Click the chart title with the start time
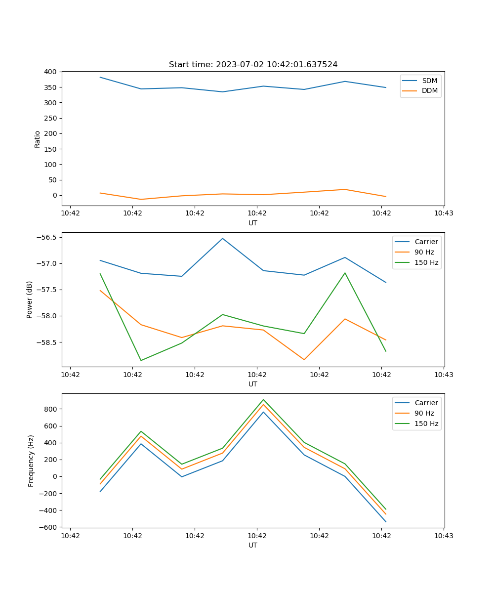click(253, 65)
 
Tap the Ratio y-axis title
click(38, 139)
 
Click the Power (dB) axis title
click(30, 299)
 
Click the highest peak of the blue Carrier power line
click(222, 238)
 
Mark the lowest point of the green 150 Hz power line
click(141, 360)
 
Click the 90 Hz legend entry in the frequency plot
click(424, 413)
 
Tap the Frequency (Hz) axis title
click(31, 461)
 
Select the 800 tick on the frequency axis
click(51, 409)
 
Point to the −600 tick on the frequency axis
click(49, 527)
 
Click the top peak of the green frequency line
click(263, 399)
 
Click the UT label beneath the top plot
click(253, 223)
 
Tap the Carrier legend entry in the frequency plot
click(426, 403)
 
